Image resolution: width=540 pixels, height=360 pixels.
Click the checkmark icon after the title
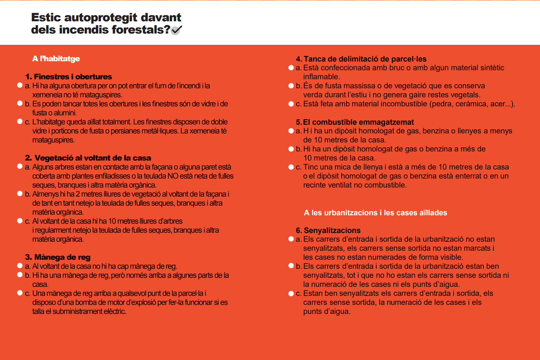point(176,30)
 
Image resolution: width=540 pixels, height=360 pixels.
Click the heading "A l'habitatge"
point(56,59)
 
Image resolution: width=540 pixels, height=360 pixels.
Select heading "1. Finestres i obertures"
point(68,77)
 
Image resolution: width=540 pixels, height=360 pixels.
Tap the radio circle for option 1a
point(20,85)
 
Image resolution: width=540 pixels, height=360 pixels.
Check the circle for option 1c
point(20,122)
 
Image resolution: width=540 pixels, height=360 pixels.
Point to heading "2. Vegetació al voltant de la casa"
point(88,158)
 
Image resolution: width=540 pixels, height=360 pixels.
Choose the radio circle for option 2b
point(20,194)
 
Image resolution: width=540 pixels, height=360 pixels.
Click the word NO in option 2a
point(173,176)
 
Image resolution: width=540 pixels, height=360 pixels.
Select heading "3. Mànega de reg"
point(58,257)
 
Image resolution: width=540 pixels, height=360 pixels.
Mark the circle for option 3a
point(20,266)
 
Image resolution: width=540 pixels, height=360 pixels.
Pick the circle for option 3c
point(20,293)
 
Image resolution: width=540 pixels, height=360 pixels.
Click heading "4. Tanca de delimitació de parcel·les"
point(361,59)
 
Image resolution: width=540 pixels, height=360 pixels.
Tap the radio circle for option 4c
point(291,104)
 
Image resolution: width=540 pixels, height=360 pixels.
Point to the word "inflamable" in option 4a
point(321,77)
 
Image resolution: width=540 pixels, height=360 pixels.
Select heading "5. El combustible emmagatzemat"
point(355,122)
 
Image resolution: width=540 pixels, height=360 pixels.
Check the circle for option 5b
point(291,149)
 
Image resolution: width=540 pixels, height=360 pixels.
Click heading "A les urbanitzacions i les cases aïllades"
point(375,213)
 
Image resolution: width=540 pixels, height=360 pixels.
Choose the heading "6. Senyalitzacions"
point(328,230)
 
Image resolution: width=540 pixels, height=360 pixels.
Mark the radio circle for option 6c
point(291,293)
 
